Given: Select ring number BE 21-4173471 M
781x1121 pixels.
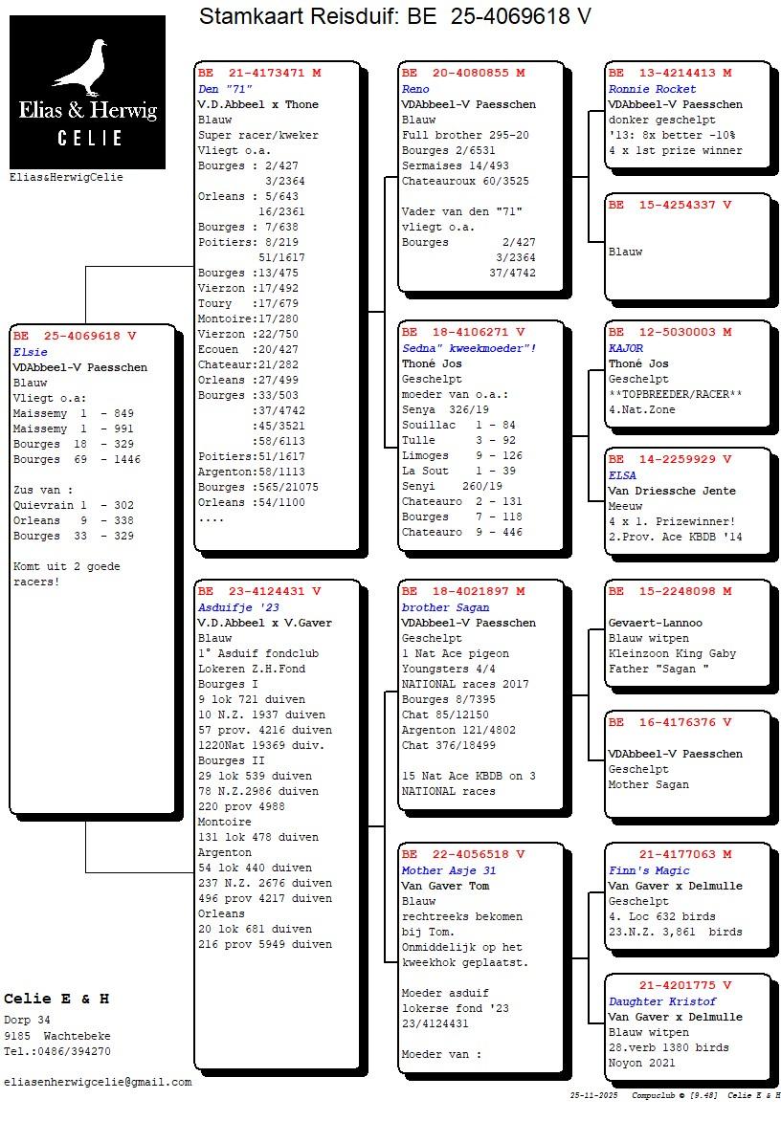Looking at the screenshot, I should pyautogui.click(x=259, y=73).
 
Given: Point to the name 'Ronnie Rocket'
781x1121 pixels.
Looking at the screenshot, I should pyautogui.click(x=653, y=89).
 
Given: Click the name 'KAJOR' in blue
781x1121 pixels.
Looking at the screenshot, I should pyautogui.click(x=626, y=348).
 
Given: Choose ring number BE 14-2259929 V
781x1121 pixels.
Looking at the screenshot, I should pyautogui.click(x=670, y=459).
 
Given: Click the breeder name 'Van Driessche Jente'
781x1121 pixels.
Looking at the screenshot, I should pyautogui.click(x=672, y=491).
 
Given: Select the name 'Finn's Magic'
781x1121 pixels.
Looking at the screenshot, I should pyautogui.click(x=649, y=870).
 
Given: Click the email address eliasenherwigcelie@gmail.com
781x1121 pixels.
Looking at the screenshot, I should pyautogui.click(x=98, y=1082).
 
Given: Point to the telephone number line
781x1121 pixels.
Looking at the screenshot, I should pyautogui.click(x=57, y=1051).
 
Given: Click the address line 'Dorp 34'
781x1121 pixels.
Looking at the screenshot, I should pyautogui.click(x=27, y=1021).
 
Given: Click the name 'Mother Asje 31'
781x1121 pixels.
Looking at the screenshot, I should pyautogui.click(x=449, y=870).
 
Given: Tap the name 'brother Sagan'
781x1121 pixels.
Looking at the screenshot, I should pyautogui.click(x=445, y=607).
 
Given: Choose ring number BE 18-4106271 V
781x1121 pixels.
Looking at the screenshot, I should pyautogui.click(x=463, y=332).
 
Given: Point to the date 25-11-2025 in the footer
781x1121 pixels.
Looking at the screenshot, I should pyautogui.click(x=593, y=1095).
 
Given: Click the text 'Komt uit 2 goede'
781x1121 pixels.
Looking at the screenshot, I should pyautogui.click(x=67, y=566).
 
